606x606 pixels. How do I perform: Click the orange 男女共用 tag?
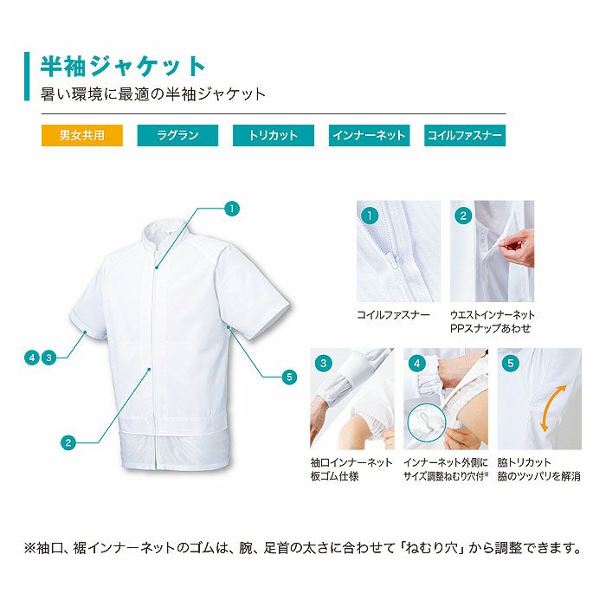tap(81, 136)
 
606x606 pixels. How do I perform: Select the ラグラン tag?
tap(177, 136)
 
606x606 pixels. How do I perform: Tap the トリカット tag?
tap(273, 136)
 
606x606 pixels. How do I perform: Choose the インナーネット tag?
tap(370, 136)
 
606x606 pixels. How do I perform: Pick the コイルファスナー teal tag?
tap(465, 136)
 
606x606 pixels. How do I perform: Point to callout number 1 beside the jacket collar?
tap(231, 208)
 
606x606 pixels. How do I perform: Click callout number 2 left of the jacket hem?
tap(68, 442)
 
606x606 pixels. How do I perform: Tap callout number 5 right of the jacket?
tap(289, 377)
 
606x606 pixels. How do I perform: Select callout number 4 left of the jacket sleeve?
tap(32, 357)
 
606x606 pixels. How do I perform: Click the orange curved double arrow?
tap(547, 410)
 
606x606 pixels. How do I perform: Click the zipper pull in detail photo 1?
tap(391, 261)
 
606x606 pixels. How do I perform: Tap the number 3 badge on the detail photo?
tap(324, 363)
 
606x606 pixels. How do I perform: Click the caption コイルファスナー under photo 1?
tap(393, 315)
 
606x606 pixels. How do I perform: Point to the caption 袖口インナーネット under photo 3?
tap(351, 463)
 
